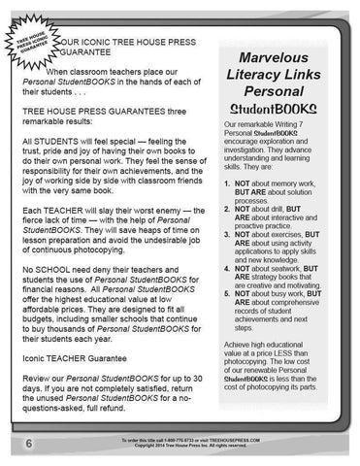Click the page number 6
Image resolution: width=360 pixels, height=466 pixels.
click(21, 444)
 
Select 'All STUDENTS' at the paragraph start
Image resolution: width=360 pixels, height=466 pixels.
click(58, 142)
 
